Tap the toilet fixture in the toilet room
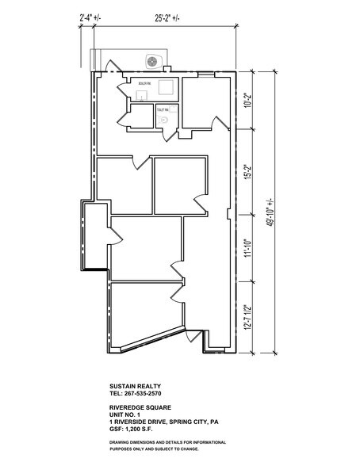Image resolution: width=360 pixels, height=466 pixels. coord(165,118)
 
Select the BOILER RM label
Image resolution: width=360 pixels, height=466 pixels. coord(144,82)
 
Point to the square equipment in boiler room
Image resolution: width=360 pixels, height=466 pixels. coord(167,87)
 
